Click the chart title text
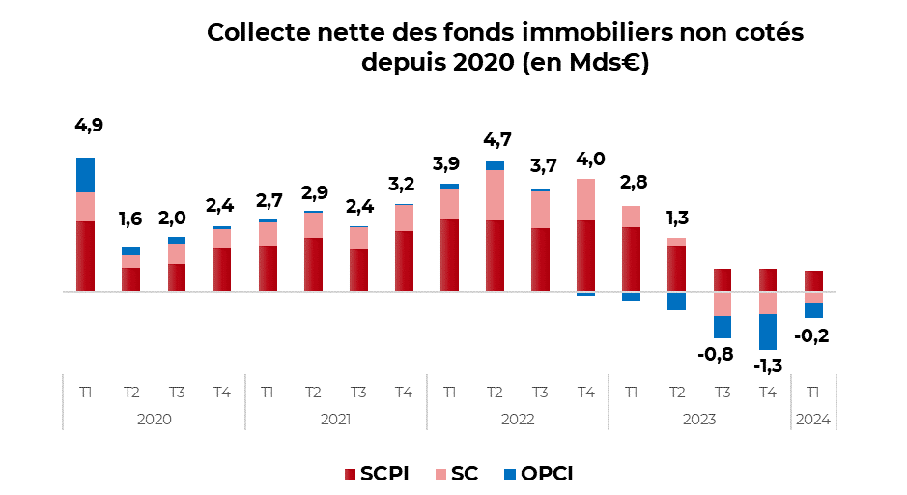click(x=505, y=47)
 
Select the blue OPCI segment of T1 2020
click(x=85, y=175)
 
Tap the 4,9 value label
click(x=88, y=126)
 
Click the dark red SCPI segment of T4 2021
click(x=404, y=261)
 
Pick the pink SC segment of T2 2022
click(x=495, y=195)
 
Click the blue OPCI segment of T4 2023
click(x=768, y=332)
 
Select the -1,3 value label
click(x=768, y=365)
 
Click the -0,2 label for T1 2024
click(x=812, y=335)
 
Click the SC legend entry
click(x=453, y=474)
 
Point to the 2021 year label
click(x=335, y=420)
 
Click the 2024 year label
click(x=813, y=420)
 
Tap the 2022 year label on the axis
click(x=518, y=420)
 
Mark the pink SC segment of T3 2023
click(x=723, y=304)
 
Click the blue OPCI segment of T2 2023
click(x=676, y=301)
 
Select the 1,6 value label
click(x=130, y=219)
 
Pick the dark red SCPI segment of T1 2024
click(x=813, y=281)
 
